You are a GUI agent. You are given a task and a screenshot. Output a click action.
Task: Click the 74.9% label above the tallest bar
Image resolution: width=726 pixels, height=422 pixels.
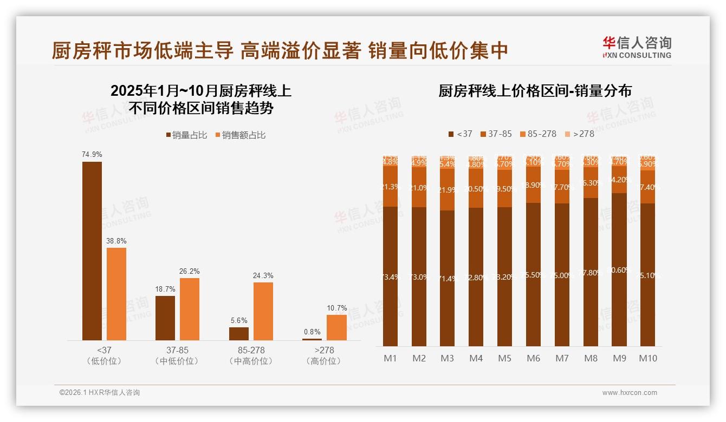click(x=92, y=154)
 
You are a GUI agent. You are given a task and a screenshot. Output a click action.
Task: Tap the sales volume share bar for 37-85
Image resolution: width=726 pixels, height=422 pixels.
click(x=165, y=318)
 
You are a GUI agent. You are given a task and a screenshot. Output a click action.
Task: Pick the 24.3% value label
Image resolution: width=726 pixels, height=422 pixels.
click(x=263, y=275)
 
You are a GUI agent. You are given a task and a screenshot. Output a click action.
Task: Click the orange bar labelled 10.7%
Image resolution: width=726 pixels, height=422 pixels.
click(x=336, y=327)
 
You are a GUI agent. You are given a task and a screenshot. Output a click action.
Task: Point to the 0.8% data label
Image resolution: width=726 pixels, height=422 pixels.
click(x=312, y=332)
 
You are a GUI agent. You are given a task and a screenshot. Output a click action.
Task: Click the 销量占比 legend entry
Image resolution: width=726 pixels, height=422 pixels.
click(x=186, y=135)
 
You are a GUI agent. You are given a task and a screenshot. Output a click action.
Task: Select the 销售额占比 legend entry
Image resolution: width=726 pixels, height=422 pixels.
click(x=241, y=135)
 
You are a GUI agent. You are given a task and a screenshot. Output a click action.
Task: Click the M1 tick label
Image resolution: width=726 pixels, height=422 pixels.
click(x=391, y=358)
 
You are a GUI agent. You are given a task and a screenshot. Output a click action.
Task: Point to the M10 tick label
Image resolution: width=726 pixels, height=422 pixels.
click(x=647, y=358)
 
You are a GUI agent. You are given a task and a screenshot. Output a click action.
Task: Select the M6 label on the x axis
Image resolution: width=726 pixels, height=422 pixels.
click(x=534, y=358)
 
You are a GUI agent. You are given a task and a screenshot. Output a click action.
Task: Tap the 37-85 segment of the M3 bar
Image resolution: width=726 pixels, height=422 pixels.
click(x=448, y=190)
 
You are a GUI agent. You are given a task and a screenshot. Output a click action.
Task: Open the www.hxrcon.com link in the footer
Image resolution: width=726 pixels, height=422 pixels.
click(x=630, y=393)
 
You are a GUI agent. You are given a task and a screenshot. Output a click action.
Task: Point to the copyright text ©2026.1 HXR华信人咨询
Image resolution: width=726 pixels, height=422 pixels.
click(x=100, y=393)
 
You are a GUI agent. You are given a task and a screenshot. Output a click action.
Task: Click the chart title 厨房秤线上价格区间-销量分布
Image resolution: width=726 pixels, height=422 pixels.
click(x=535, y=91)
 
